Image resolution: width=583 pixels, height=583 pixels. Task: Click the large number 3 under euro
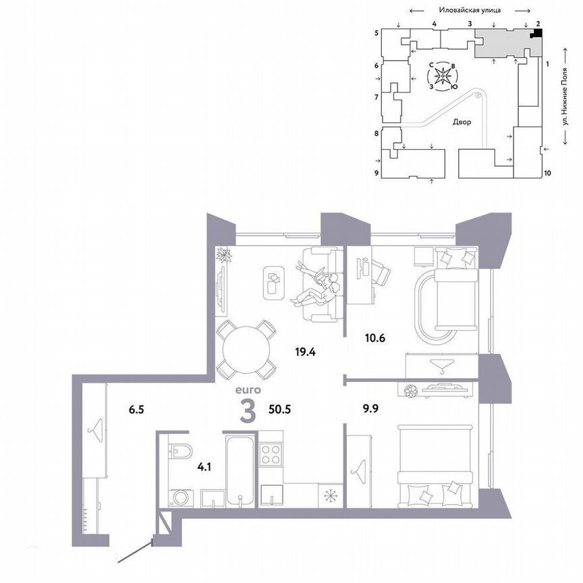click(x=248, y=410)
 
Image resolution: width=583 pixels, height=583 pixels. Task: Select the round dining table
click(x=247, y=349)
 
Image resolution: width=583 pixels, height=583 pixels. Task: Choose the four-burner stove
click(x=271, y=452)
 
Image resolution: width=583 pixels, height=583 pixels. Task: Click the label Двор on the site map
click(x=462, y=123)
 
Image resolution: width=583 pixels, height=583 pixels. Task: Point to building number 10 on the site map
click(x=547, y=173)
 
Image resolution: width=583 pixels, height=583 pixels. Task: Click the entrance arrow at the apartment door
click(x=135, y=550)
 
